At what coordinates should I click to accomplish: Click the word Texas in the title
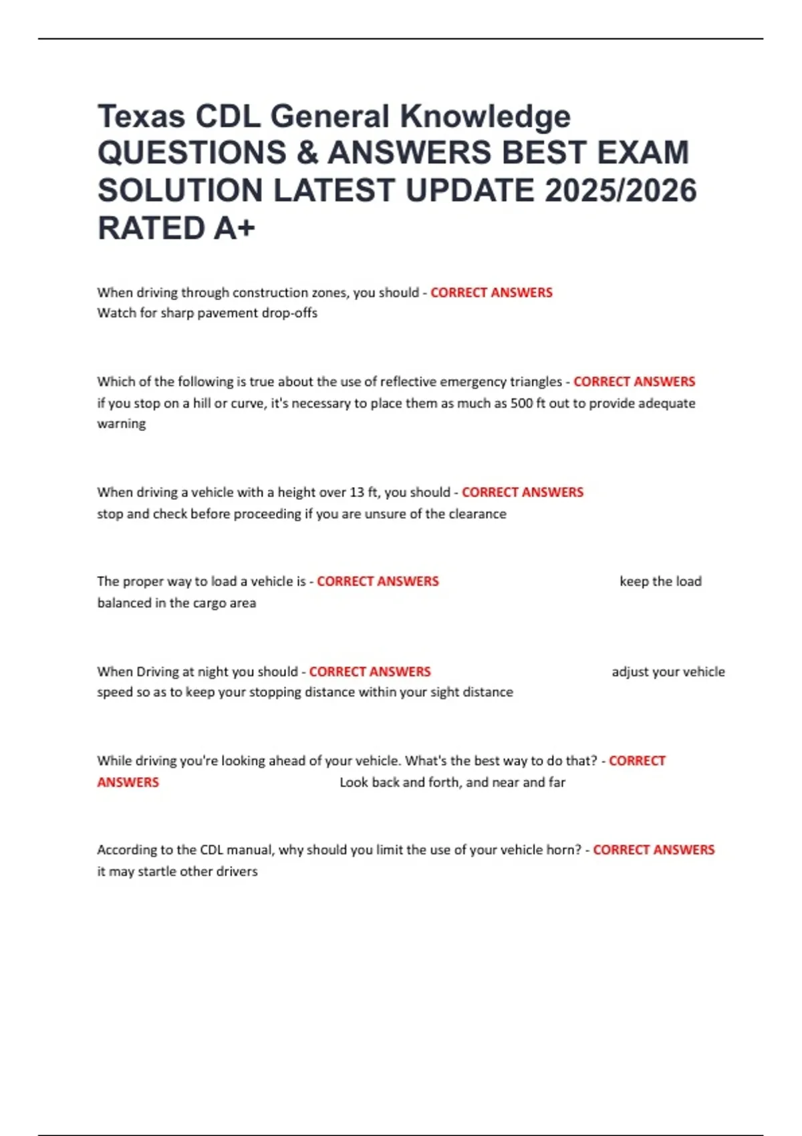click(141, 117)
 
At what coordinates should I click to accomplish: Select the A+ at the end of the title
click(235, 229)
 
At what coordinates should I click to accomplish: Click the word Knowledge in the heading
click(485, 117)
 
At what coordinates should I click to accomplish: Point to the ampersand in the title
click(307, 154)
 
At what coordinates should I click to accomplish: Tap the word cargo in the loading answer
click(210, 603)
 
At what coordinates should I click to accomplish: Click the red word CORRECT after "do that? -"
click(637, 761)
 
